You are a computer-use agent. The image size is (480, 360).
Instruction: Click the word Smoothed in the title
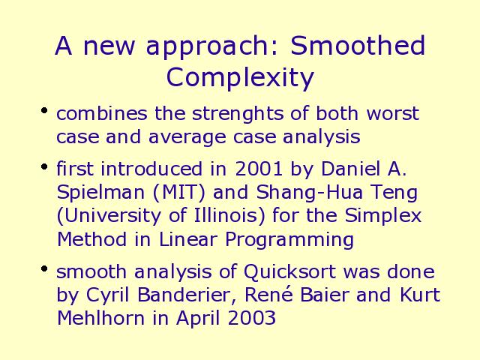[358, 45]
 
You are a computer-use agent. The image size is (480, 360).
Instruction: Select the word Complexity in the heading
[240, 78]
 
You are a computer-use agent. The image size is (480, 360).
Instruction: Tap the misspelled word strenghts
[238, 114]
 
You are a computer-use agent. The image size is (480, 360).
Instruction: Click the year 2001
[258, 168]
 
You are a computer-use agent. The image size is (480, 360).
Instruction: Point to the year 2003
[252, 318]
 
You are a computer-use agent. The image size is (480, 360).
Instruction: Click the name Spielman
[100, 193]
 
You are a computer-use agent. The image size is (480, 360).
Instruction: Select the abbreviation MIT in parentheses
[179, 193]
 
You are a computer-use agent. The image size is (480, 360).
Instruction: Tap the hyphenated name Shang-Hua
[310, 193]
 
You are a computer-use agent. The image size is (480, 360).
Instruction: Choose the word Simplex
[383, 216]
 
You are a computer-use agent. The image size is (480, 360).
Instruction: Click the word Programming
[289, 240]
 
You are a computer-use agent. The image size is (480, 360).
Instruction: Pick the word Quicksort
[289, 271]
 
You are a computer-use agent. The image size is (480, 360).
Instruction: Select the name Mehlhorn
[100, 318]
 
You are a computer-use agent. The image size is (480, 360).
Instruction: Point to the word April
[198, 318]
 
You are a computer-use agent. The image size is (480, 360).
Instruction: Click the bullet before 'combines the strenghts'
[44, 110]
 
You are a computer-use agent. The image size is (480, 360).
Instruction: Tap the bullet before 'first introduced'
[44, 166]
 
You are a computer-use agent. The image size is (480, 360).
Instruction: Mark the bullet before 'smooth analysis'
[44, 268]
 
